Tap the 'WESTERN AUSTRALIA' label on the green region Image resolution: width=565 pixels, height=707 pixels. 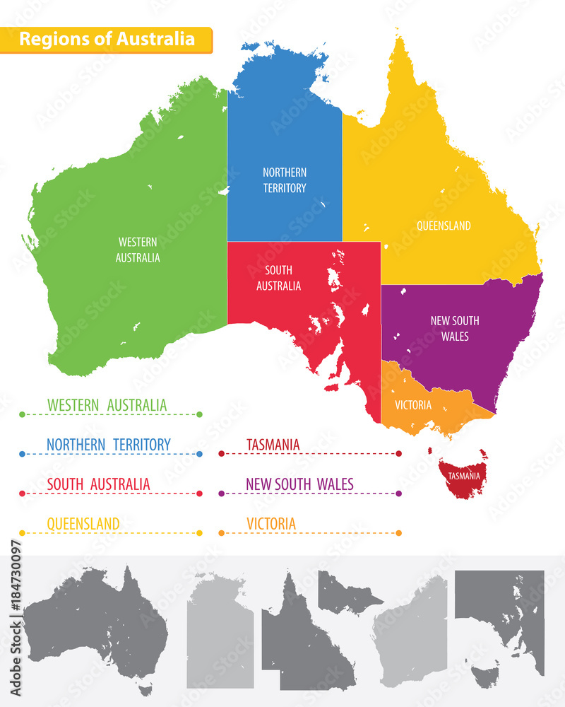[x=138, y=250]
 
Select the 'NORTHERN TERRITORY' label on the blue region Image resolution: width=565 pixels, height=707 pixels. [x=285, y=180]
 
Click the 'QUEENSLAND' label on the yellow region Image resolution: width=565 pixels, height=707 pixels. [x=444, y=226]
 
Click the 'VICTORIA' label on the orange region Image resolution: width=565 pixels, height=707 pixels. [x=413, y=405]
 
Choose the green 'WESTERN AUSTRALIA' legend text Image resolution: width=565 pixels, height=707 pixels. [x=107, y=405]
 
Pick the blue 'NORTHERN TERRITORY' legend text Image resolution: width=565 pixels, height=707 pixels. [x=109, y=445]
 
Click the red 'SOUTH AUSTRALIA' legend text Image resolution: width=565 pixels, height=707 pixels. [x=98, y=484]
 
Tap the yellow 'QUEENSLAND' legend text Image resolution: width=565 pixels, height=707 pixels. [x=83, y=524]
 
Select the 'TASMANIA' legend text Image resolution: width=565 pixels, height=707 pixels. [x=273, y=445]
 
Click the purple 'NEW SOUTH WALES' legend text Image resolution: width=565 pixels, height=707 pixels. [x=300, y=484]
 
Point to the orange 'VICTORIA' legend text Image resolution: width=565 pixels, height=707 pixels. [x=271, y=524]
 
